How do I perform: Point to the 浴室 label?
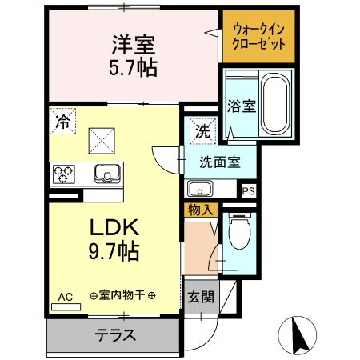point(241,105)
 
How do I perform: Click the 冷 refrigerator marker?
point(62,122)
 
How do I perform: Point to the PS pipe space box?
point(248,190)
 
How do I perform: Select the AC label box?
point(65,297)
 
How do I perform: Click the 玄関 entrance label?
point(200,296)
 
